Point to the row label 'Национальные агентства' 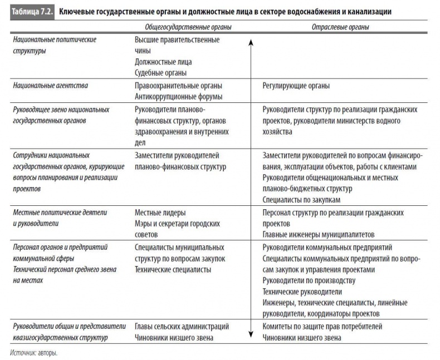pyautogui.click(x=50, y=86)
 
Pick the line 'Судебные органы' pyautogui.click(x=160, y=72)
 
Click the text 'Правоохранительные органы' pyautogui.click(x=178, y=86)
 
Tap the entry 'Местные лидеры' pyautogui.click(x=160, y=213)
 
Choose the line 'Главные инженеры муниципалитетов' pyautogui.click(x=318, y=234)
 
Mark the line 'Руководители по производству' pyautogui.click(x=308, y=281)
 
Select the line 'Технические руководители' pyautogui.click(x=302, y=292)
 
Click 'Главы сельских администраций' pyautogui.click(x=182, y=327)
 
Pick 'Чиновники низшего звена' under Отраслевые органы pyautogui.click(x=301, y=337)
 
